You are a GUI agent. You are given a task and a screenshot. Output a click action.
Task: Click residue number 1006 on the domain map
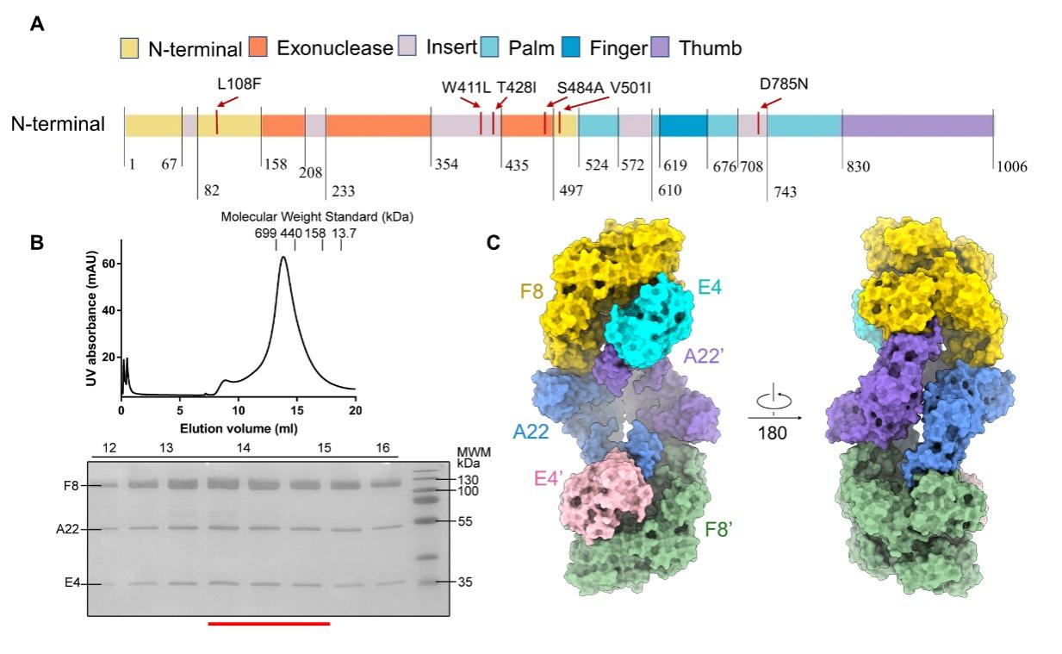pos(1012,166)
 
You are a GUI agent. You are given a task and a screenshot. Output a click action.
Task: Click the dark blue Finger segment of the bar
pos(683,125)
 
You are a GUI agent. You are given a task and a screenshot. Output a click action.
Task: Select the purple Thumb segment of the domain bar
pos(917,125)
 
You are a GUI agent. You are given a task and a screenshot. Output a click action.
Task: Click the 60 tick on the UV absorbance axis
pos(107,263)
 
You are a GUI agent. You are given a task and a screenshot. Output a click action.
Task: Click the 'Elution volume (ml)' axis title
pos(239,427)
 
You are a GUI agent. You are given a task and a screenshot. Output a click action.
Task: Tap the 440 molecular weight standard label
pos(290,233)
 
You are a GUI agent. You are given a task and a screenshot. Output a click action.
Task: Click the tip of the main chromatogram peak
pos(283,258)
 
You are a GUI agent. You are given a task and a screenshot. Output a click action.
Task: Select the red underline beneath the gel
pos(269,622)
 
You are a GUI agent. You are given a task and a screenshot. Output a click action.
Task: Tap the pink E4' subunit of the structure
pos(599,495)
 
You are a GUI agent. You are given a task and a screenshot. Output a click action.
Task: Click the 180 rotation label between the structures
pos(772,433)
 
